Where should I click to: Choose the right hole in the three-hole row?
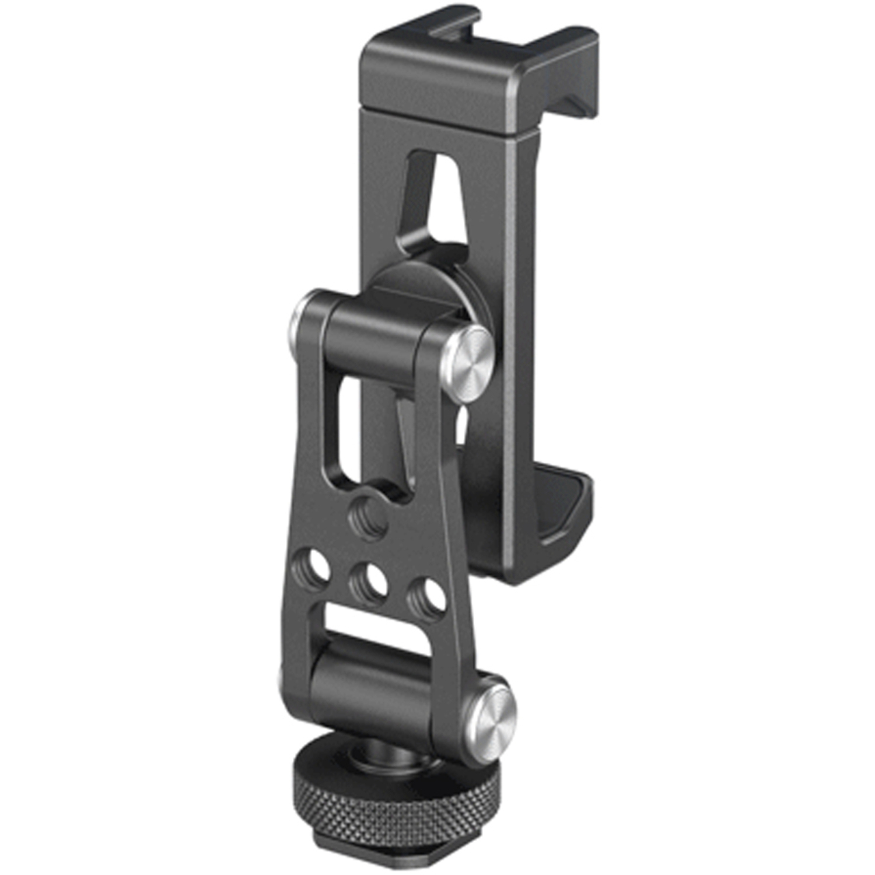pos(426,595)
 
